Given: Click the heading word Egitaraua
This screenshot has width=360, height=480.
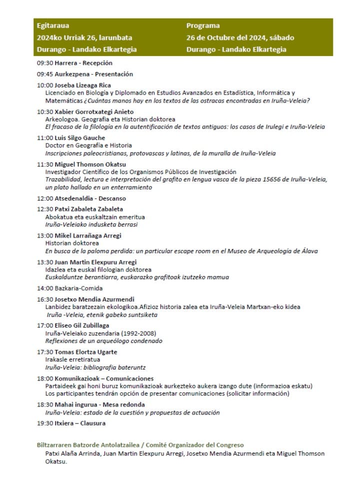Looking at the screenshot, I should point(51,25).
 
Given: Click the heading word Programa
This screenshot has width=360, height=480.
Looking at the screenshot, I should point(203,25).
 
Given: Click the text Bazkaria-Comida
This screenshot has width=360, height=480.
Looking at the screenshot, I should point(78,288).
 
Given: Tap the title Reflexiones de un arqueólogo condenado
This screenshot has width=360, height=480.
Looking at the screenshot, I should point(103,341).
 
